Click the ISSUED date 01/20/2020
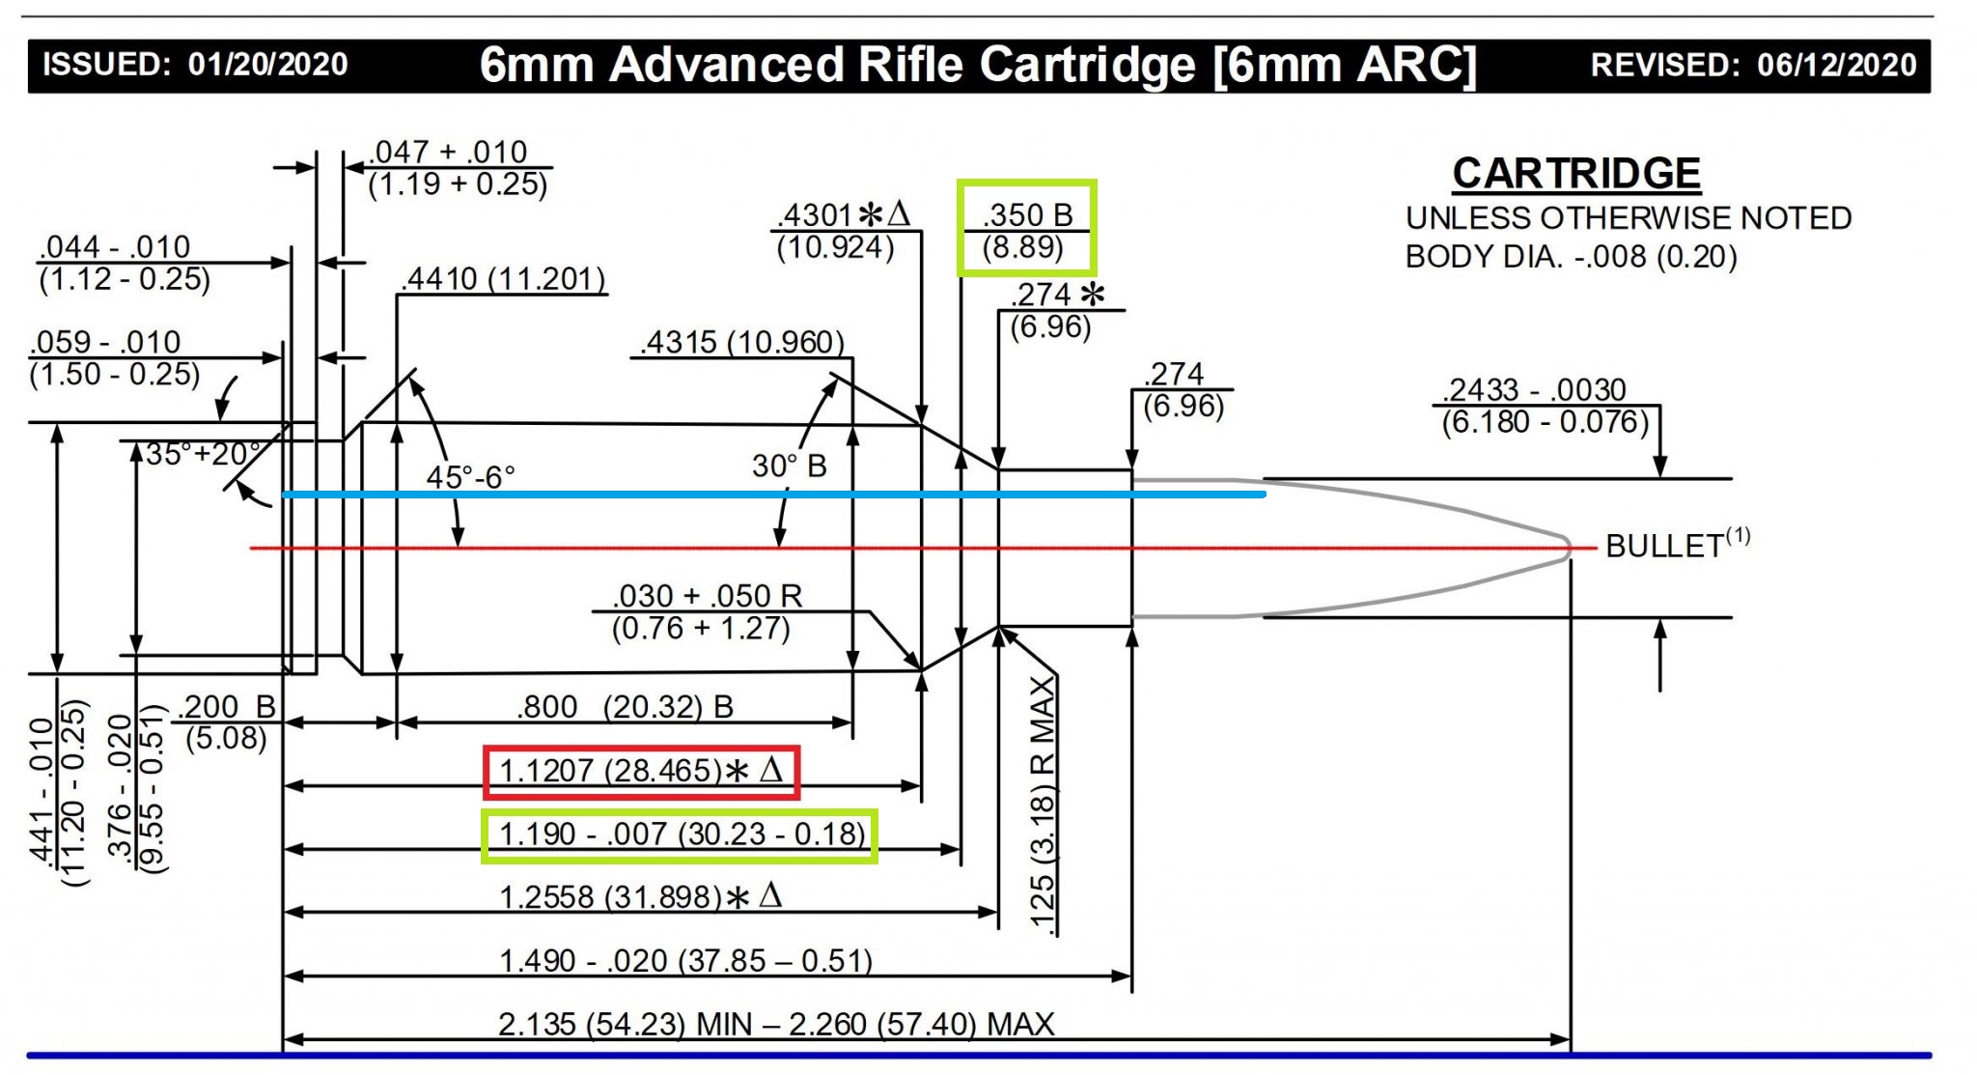click(x=267, y=65)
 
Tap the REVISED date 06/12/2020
click(x=1837, y=65)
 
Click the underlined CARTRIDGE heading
click(x=1576, y=174)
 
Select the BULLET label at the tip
click(x=1678, y=545)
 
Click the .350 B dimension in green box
click(x=1027, y=230)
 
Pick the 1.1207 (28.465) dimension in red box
click(x=641, y=771)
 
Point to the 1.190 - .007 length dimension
click(x=682, y=834)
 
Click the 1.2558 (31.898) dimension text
click(x=641, y=897)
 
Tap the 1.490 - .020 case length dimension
click(x=685, y=961)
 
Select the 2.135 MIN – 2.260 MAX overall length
click(x=776, y=1024)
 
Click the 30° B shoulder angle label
click(x=790, y=467)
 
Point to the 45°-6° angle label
click(x=470, y=477)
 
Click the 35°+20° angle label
click(x=204, y=453)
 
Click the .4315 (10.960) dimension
click(x=741, y=342)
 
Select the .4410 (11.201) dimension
click(x=504, y=279)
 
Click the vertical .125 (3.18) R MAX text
click(x=1043, y=804)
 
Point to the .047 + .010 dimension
click(x=458, y=167)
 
